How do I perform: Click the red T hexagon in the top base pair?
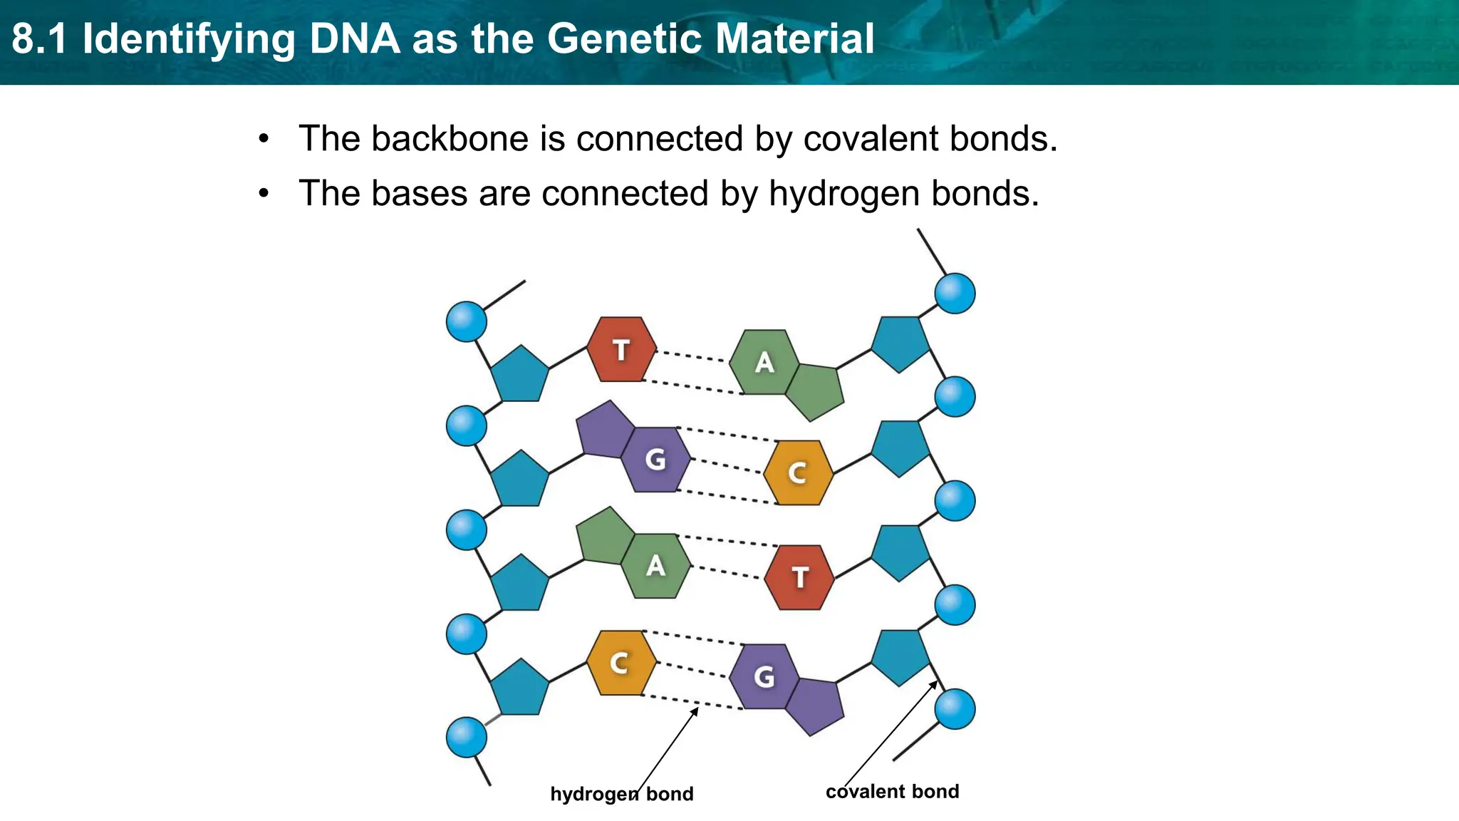point(621,349)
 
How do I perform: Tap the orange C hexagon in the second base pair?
point(798,473)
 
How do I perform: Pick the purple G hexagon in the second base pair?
point(655,460)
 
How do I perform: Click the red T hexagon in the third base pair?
point(799,577)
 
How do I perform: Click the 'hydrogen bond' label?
point(621,794)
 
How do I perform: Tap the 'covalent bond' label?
point(892,792)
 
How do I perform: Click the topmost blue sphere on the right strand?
point(955,293)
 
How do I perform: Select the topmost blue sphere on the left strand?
point(467,321)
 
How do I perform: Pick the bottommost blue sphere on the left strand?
point(467,737)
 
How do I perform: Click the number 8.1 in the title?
point(40,38)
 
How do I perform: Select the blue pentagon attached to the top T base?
point(520,375)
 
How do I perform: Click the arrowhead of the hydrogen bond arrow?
point(695,710)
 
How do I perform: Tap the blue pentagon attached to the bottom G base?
point(900,656)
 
